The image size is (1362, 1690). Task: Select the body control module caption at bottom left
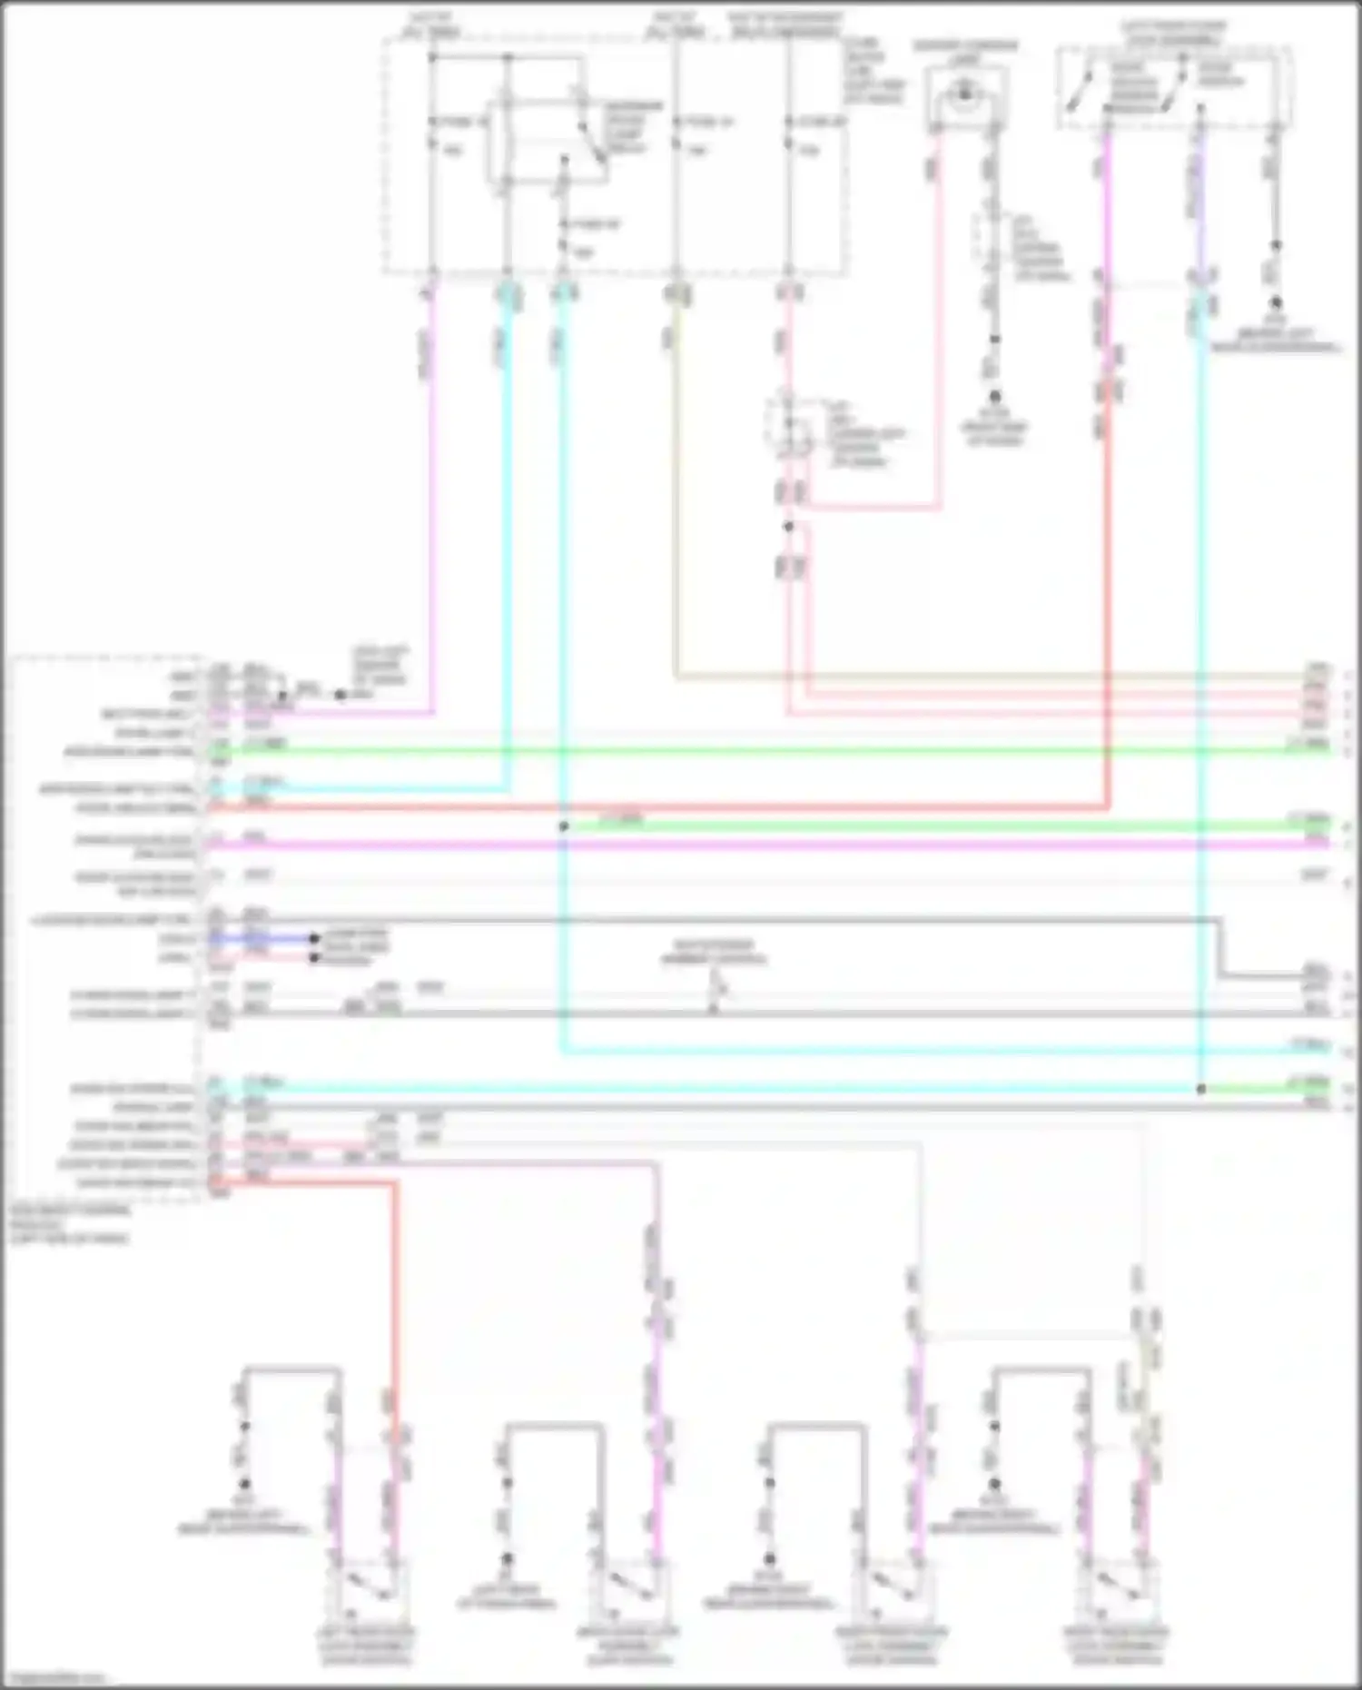pos(69,1224)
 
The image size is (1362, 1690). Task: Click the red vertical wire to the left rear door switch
pos(395,1290)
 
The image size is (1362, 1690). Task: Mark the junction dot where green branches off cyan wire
pos(564,826)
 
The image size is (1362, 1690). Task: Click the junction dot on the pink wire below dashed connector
pos(788,527)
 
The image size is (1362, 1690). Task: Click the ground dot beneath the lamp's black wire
pos(994,397)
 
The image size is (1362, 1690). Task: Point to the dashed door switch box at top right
pos(1174,86)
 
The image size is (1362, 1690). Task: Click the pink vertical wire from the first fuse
pos(432,499)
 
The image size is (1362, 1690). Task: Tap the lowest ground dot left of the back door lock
pos(507,1558)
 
